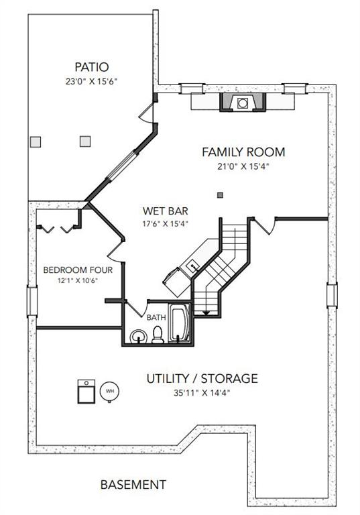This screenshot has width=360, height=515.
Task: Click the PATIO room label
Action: (92, 67)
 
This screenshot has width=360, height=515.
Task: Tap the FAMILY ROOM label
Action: (243, 152)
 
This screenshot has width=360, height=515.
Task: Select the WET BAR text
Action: (165, 211)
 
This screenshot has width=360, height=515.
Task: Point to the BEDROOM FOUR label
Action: (78, 270)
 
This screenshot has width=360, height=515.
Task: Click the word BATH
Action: (156, 318)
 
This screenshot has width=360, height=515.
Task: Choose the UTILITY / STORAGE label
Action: (202, 378)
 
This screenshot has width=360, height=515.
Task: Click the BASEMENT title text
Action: (133, 484)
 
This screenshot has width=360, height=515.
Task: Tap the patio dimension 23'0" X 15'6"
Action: (92, 81)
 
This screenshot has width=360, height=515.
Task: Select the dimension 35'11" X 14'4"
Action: (202, 393)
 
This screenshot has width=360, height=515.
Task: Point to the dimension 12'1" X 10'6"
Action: (78, 281)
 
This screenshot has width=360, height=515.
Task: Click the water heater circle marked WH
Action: (109, 391)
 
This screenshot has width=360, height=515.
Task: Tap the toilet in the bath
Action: (158, 335)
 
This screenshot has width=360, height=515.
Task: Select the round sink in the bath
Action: (138, 337)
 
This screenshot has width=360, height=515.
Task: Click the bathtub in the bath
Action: (179, 323)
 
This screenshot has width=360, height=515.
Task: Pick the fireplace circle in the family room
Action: (243, 103)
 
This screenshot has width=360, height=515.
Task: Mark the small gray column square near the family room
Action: (221, 195)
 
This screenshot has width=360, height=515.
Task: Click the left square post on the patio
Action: (36, 142)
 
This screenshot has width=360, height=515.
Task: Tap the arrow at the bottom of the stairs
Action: (206, 312)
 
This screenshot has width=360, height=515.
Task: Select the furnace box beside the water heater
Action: (86, 391)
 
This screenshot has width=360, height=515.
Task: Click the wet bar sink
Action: (192, 265)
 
